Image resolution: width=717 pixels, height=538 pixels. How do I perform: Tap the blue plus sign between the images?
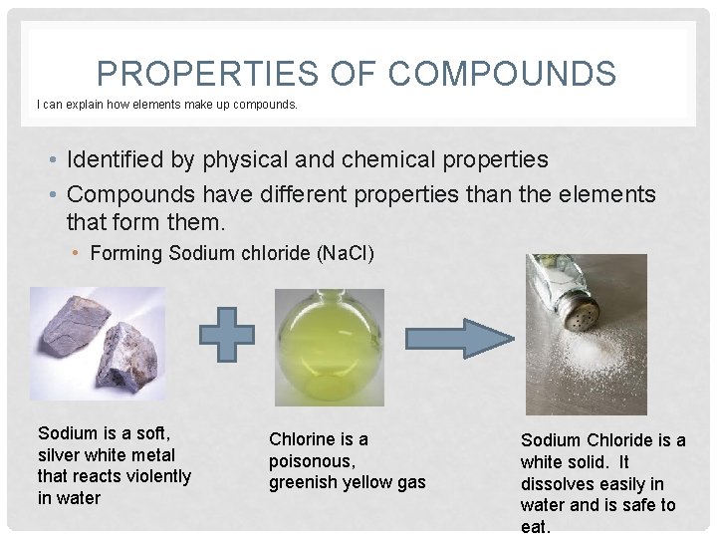point(235,333)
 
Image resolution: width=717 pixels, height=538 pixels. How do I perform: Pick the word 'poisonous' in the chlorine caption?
point(312,460)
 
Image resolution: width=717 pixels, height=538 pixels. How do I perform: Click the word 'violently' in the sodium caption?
point(160,476)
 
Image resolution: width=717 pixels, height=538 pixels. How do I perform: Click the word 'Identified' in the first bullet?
point(119,159)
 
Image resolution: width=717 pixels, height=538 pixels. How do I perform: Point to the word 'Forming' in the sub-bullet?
point(126,253)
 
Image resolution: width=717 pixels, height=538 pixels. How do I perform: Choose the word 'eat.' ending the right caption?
point(537,527)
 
